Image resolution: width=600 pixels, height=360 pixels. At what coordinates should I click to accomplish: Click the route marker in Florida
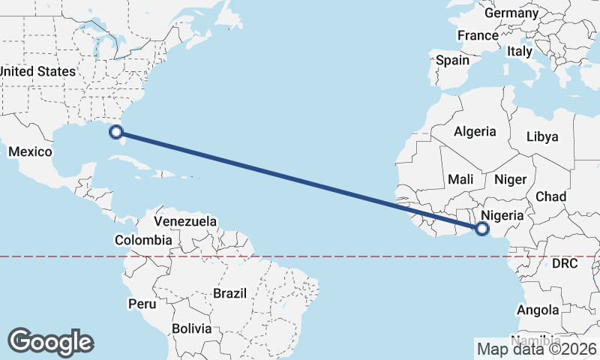pos(115,133)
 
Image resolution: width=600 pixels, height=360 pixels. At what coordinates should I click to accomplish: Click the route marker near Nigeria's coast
pos(482,228)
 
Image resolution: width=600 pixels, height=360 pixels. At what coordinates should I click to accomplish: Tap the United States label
pos(37,71)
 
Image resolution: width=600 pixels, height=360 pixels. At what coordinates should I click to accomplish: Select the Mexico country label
pos(30,152)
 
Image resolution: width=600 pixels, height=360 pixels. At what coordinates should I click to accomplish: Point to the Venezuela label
pos(185,221)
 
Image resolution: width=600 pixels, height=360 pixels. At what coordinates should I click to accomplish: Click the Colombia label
pos(142,240)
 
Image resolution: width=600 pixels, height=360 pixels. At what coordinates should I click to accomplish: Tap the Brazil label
pos(230,292)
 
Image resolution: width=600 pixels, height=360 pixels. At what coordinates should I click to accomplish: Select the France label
pos(478,35)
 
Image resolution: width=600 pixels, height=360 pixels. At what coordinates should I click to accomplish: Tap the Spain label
pos(452,60)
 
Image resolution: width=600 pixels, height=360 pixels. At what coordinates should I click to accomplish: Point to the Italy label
pos(519,52)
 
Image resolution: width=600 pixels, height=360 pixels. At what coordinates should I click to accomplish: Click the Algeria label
pos(475,131)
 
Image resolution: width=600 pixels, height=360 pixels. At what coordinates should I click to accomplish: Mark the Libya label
pos(542,136)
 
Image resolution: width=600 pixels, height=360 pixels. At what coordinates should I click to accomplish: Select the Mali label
pos(460,179)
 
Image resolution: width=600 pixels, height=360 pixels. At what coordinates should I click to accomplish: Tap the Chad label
pos(550,196)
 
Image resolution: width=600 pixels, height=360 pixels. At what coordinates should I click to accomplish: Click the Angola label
pos(538,310)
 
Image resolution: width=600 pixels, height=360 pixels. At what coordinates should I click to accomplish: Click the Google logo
pos(50,342)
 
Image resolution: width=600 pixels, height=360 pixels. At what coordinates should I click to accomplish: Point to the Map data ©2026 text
pos(537,349)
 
